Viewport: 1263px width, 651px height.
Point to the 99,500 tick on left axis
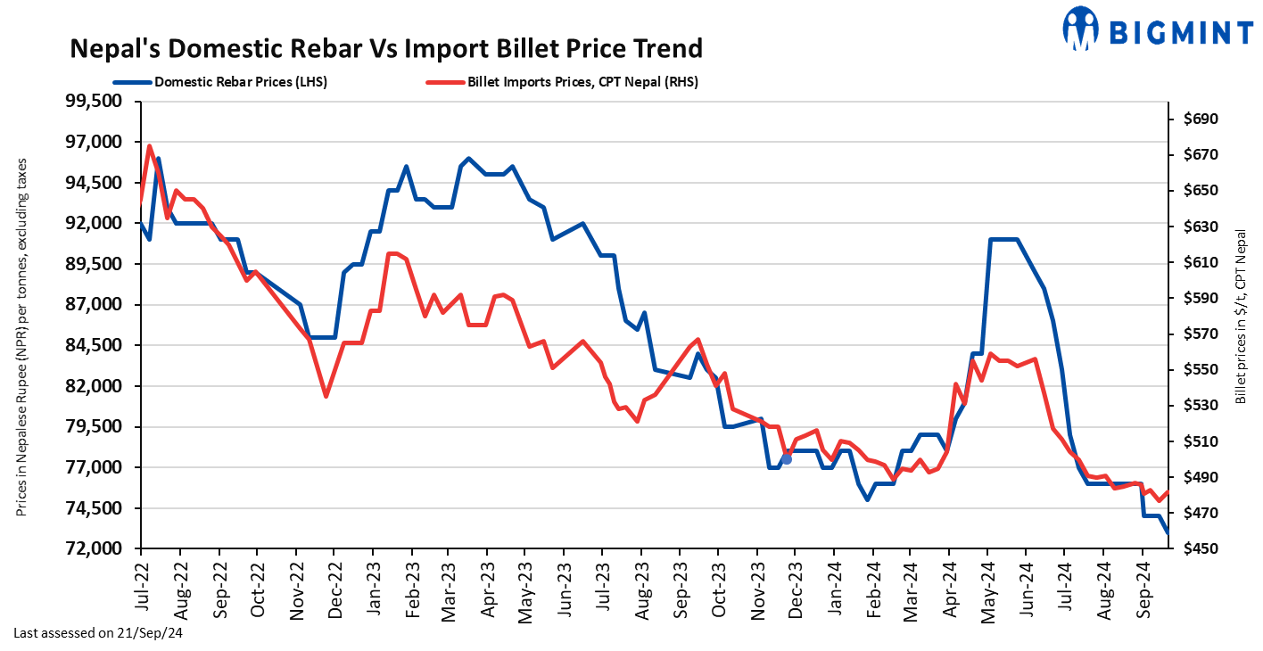[95, 102]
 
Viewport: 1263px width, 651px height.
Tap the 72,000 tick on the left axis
[95, 549]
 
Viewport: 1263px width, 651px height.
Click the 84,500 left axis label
[95, 346]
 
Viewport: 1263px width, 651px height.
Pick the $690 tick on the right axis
[1201, 119]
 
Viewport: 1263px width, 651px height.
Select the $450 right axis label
[1201, 549]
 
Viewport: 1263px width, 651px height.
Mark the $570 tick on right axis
[1201, 334]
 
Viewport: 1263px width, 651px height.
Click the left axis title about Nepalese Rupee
[21, 336]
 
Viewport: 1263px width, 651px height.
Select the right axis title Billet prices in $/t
[1240, 317]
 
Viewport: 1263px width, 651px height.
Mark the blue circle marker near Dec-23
[787, 459]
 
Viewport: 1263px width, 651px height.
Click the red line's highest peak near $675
[150, 145]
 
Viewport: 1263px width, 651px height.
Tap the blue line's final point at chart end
[1168, 532]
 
